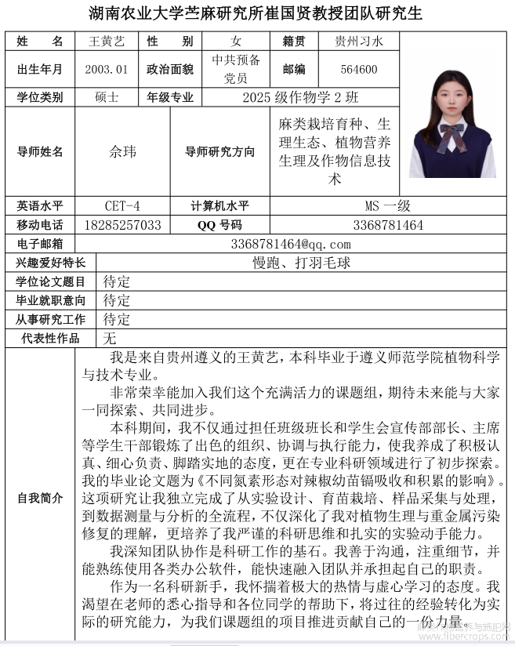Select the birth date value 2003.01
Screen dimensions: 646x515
point(106,69)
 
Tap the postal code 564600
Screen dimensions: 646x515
point(359,69)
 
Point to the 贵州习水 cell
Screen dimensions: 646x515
point(359,42)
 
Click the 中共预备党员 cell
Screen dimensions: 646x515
point(236,69)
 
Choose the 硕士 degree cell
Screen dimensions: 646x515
point(106,97)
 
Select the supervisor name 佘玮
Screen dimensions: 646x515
point(122,151)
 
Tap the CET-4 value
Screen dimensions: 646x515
point(122,206)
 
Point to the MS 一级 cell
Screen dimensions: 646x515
point(387,206)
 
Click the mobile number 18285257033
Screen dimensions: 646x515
point(122,225)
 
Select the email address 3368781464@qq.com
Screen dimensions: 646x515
point(291,244)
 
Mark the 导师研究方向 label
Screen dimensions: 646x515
point(219,151)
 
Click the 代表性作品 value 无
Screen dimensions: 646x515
point(110,338)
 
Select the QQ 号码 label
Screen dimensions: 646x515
point(219,225)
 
